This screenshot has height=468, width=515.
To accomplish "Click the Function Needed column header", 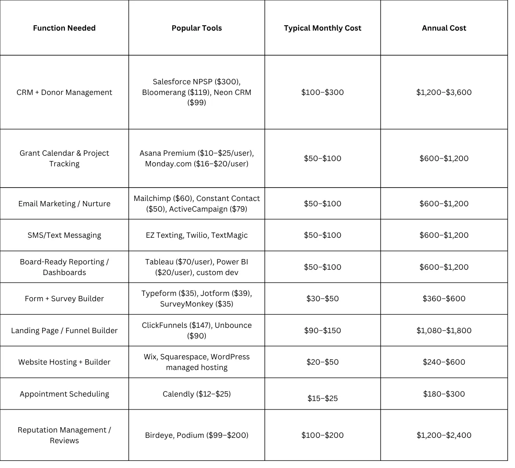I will (x=64, y=28).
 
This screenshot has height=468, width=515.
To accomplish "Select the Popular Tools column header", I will (x=197, y=28).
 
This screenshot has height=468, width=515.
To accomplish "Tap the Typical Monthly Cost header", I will (x=322, y=28).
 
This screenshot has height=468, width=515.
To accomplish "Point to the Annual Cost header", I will (x=444, y=28).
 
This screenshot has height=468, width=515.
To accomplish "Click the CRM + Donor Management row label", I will (x=64, y=92).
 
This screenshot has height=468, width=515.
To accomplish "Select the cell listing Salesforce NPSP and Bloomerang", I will (x=197, y=92).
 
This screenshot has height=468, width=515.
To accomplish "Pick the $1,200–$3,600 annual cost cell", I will (x=444, y=92).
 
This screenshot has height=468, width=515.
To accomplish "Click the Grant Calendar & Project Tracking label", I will (x=64, y=158).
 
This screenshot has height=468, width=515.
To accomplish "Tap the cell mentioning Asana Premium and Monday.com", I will (x=197, y=158).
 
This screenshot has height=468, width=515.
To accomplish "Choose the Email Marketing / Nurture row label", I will (x=64, y=204).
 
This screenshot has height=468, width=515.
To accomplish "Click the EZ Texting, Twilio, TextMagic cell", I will (x=197, y=235).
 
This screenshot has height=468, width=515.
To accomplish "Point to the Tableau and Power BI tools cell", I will (x=197, y=267).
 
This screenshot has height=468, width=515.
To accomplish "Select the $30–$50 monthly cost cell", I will (x=322, y=299).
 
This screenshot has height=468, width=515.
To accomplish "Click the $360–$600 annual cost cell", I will (x=444, y=299).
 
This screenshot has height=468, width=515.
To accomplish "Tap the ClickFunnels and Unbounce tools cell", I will (x=197, y=330).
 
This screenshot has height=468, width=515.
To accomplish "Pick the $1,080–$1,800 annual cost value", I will (x=444, y=330).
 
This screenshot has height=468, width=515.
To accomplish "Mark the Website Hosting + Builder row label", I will (x=64, y=362).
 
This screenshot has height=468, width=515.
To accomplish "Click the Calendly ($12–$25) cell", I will (x=197, y=394).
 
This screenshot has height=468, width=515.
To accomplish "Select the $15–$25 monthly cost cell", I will (x=322, y=398).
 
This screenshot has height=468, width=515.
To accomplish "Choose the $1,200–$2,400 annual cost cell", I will (x=444, y=435).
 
